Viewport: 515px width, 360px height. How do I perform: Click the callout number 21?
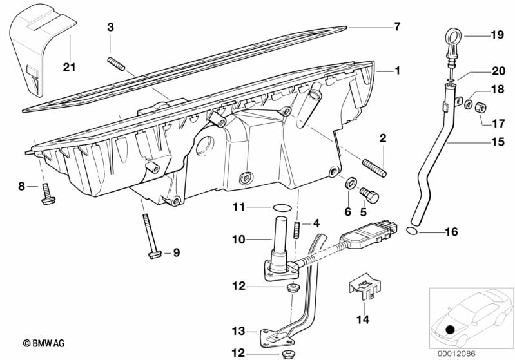69,66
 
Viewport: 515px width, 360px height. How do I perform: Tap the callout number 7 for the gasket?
397,26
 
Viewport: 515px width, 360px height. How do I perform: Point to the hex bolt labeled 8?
46,194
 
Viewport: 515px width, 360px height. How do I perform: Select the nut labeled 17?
480,106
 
